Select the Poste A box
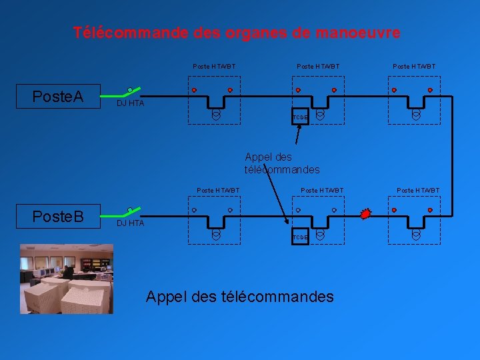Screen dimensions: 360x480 (x=58, y=97)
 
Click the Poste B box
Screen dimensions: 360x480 (x=58, y=217)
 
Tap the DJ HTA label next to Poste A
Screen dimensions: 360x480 (x=130, y=103)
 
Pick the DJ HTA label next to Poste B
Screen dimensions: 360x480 (x=130, y=223)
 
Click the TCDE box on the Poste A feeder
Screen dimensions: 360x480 (x=300, y=117)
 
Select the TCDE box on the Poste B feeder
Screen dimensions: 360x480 (x=300, y=237)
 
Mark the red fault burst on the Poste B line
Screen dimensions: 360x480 (x=365, y=214)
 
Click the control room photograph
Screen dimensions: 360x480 (x=66, y=278)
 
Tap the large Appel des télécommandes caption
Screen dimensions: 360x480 (x=239, y=296)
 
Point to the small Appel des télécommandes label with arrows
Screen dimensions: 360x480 (x=281, y=163)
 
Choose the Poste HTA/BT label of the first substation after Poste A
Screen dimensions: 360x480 (x=214, y=67)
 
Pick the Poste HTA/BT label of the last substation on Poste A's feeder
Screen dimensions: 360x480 (x=414, y=67)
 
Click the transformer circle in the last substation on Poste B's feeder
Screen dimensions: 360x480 (x=416, y=235)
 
